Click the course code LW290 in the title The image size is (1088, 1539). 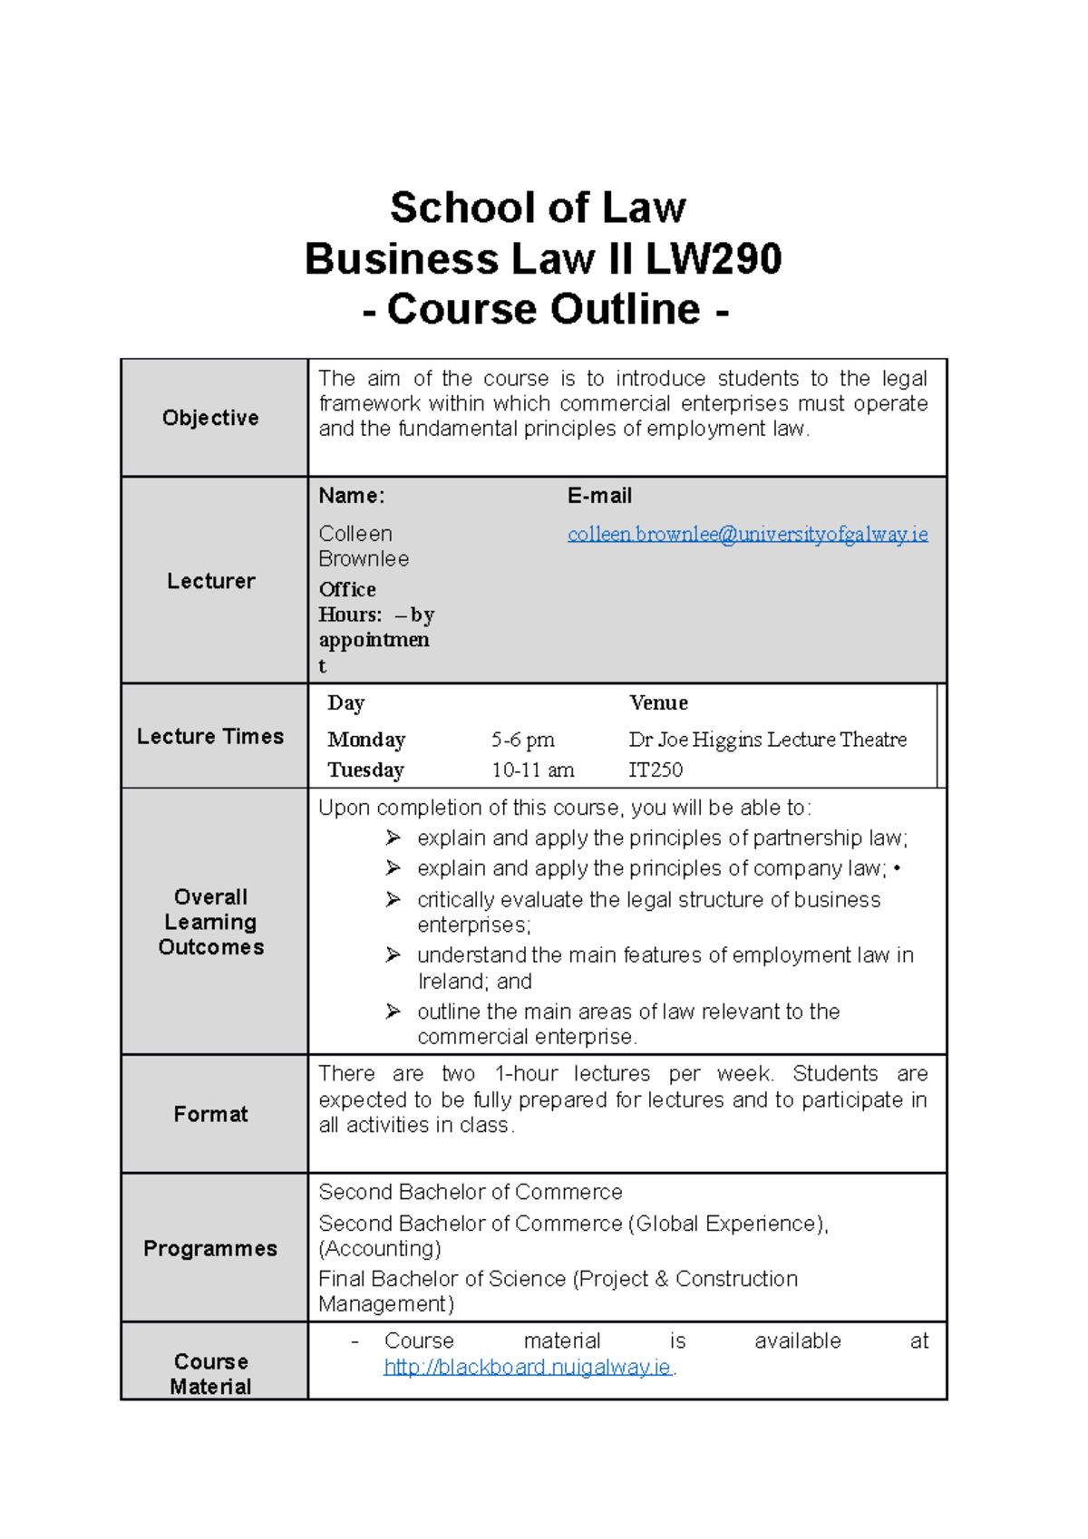click(713, 259)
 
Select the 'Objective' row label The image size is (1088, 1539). click(210, 418)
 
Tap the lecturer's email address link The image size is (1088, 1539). click(747, 534)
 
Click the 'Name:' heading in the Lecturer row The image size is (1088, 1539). click(352, 496)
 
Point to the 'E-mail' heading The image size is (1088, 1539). click(599, 496)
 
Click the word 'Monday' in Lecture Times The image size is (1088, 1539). click(366, 740)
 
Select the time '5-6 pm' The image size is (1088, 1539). click(522, 740)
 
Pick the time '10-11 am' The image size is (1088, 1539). click(532, 770)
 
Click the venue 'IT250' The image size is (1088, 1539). click(656, 770)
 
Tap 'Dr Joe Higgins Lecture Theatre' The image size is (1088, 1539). click(767, 740)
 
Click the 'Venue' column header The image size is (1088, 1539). click(658, 702)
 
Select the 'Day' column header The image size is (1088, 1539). click(346, 702)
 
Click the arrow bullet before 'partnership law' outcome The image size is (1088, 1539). click(393, 837)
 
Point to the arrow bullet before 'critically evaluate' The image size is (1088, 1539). click(393, 899)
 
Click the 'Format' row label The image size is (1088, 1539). click(210, 1114)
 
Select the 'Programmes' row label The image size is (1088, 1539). click(210, 1248)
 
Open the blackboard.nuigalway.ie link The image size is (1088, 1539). click(527, 1367)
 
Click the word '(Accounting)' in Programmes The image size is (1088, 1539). click(380, 1249)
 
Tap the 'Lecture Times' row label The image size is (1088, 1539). click(210, 736)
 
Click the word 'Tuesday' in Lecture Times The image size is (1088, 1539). click(365, 770)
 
